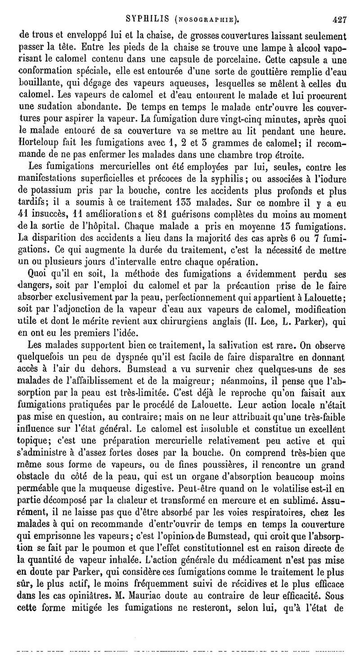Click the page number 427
point(333,19)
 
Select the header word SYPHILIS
point(146,19)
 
